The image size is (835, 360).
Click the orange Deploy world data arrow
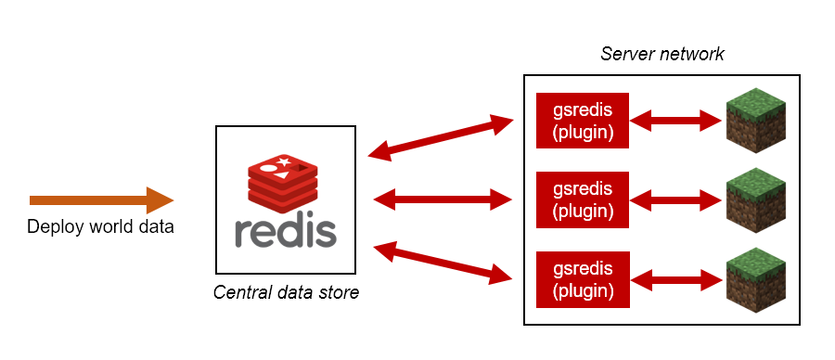pyautogui.click(x=101, y=200)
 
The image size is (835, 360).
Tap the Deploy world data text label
pyautogui.click(x=100, y=227)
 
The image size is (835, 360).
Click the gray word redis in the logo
pyautogui.click(x=286, y=232)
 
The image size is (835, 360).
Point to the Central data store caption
pyautogui.click(x=286, y=292)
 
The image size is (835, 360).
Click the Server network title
pyautogui.click(x=662, y=54)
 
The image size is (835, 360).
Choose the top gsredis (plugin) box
pyautogui.click(x=583, y=121)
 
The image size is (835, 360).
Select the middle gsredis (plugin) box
pyautogui.click(x=583, y=199)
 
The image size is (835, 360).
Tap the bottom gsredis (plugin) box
pyautogui.click(x=583, y=279)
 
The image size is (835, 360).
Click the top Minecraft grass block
pyautogui.click(x=756, y=121)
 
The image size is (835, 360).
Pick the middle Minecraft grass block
pyautogui.click(x=756, y=200)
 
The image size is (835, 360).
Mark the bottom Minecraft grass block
pyautogui.click(x=756, y=279)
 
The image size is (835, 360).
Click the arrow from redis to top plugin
pyautogui.click(x=441, y=137)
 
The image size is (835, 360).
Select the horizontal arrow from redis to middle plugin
pyautogui.click(x=443, y=199)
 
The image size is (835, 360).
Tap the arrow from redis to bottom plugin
pyautogui.click(x=443, y=262)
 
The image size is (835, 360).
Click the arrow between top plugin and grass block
pyautogui.click(x=675, y=121)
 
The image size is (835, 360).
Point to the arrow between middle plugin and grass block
pyautogui.click(x=675, y=199)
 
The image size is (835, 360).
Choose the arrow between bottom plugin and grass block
pyautogui.click(x=675, y=279)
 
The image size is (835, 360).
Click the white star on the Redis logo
pyautogui.click(x=283, y=161)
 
